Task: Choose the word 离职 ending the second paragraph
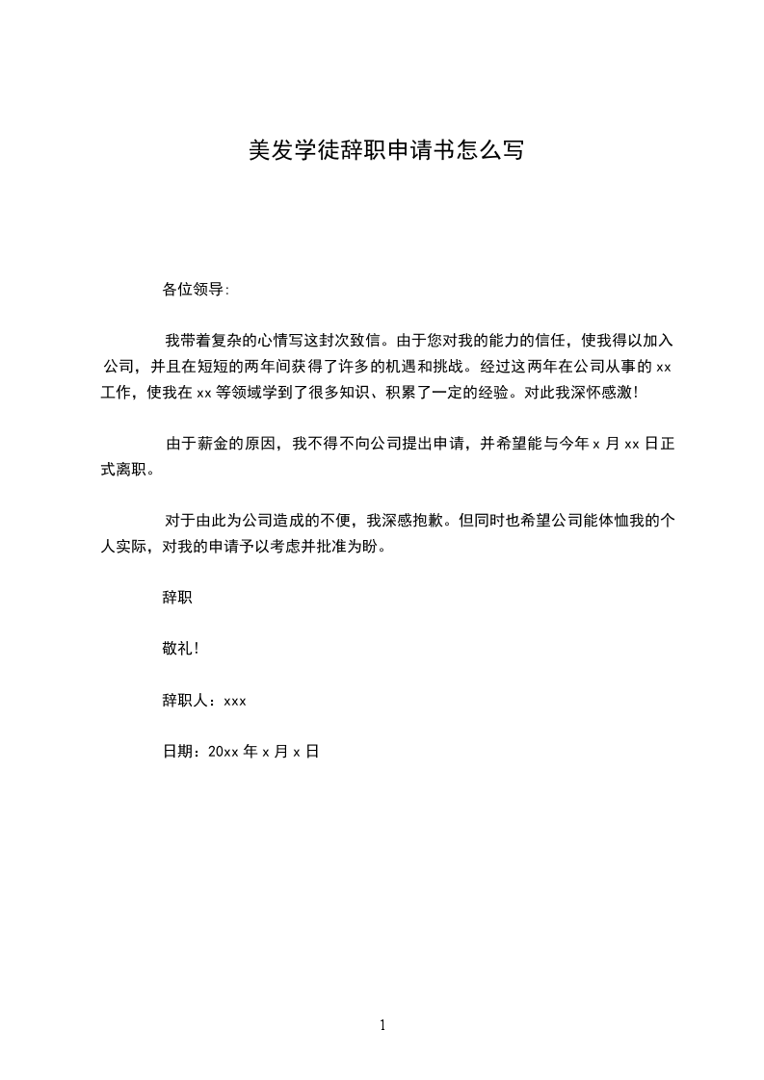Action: pos(130,470)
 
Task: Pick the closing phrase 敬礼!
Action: pos(181,649)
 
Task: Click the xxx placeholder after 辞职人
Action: pos(235,701)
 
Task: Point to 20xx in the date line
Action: pos(223,753)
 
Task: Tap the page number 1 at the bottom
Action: pos(382,1025)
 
